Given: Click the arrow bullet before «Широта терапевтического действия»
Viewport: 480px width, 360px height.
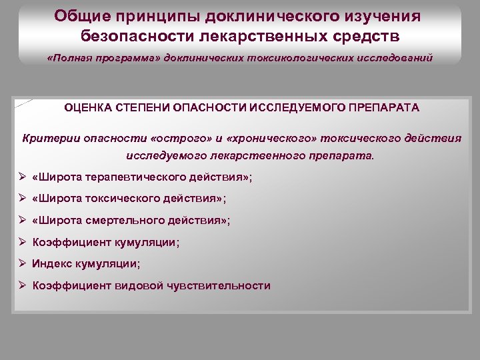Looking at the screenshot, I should (x=23, y=177).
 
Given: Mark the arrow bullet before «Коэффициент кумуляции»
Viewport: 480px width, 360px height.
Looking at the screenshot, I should (x=23, y=242).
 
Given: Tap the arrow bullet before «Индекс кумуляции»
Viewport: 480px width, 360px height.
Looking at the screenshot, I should (x=23, y=263).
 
